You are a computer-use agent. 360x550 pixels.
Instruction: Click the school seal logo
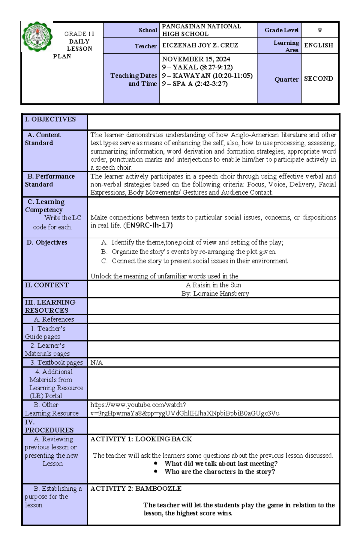coord(37,37)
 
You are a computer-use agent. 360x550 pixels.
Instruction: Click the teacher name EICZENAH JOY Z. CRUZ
coord(200,45)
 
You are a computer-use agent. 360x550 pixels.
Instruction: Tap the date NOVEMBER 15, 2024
coord(196,59)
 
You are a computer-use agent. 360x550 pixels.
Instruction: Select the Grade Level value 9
coord(319,30)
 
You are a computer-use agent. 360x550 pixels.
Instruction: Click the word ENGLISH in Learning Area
coord(318,45)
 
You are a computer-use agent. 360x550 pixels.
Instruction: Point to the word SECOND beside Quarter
coord(318,79)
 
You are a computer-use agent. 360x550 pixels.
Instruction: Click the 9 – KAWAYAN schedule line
coord(207,76)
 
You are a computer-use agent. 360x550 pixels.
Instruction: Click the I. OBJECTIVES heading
coord(50,119)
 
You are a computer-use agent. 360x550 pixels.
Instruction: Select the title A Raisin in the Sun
coord(213,285)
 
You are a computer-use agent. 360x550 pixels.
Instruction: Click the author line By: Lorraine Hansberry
coord(215,293)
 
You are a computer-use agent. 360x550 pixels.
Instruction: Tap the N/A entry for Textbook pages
coord(96,362)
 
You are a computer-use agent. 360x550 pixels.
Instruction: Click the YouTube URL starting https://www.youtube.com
coord(138,405)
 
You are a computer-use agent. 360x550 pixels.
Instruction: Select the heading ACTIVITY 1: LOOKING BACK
coord(141,439)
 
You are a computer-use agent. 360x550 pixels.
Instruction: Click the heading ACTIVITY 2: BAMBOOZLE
coord(136,489)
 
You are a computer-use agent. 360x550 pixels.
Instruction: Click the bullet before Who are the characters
coord(155,471)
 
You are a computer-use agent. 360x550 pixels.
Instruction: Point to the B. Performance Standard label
coord(50,180)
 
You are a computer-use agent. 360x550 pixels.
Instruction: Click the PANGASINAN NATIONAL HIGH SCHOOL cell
coord(201,30)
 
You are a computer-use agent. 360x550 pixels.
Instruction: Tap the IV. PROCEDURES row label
coord(49,426)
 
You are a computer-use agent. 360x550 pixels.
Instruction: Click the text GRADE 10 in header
coord(79,34)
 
